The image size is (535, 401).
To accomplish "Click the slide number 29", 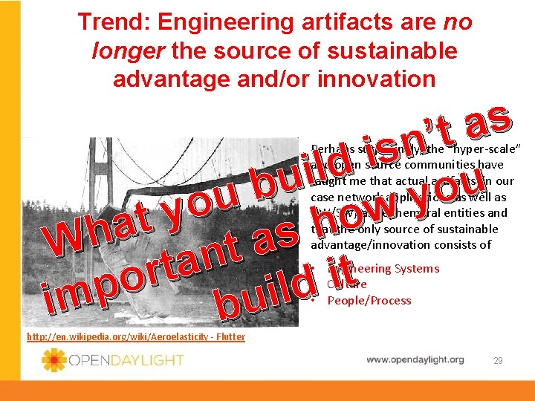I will pyautogui.click(x=499, y=360).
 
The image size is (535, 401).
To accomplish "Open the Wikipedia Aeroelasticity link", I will pyautogui.click(x=135, y=337).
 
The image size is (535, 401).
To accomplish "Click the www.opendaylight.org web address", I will pyautogui.click(x=415, y=359).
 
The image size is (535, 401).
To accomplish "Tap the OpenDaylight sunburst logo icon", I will pyautogui.click(x=54, y=360).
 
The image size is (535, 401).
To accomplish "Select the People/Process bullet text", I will pyautogui.click(x=369, y=300).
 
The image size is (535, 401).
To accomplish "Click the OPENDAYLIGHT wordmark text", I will pyautogui.click(x=125, y=360).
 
